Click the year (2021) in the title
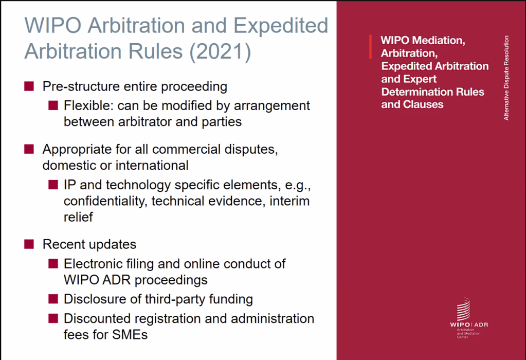(x=220, y=51)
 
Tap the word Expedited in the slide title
(x=281, y=26)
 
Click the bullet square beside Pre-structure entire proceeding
(x=29, y=86)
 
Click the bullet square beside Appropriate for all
(x=29, y=149)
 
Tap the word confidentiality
(x=105, y=201)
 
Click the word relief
(x=78, y=217)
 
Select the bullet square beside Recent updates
(x=29, y=244)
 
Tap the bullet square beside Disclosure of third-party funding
(x=53, y=299)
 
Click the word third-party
(x=175, y=299)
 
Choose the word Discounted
(x=97, y=318)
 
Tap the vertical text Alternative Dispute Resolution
(x=506, y=78)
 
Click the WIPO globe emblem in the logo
(x=463, y=309)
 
